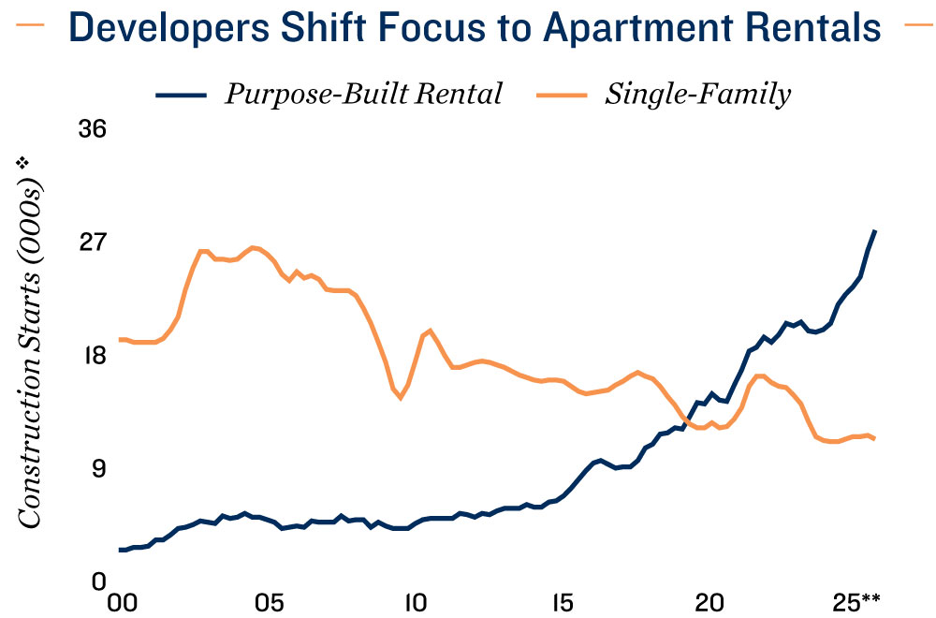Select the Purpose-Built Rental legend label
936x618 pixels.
pos(364,95)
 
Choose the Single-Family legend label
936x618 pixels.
pos(698,95)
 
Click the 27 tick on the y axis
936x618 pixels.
pos(91,243)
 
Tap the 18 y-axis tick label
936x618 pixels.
pos(91,356)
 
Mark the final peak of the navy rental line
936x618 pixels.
pos(874,230)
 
